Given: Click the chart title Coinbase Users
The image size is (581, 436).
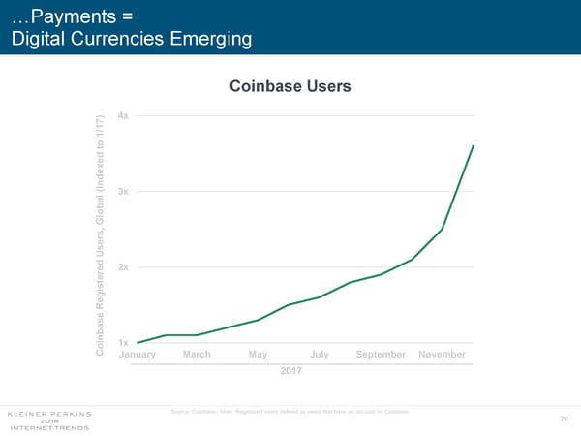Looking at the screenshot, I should pos(290,87).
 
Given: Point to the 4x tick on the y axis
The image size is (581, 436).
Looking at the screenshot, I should pos(122,116).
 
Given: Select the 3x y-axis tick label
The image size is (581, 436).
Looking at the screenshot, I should pos(122,192).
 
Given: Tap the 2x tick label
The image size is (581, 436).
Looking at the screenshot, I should pos(122,267).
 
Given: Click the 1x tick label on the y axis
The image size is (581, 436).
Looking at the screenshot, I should pos(122,343).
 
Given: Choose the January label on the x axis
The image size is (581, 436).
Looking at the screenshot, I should pos(138,355).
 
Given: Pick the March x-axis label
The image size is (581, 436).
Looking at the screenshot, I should pos(197,355).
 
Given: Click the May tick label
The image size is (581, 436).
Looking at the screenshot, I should pos(258,355).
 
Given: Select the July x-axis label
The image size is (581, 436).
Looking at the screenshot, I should pos(320,355).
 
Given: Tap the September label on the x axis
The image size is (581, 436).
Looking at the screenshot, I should pos(381,355).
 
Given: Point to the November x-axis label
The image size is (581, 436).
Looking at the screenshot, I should pos(443,355).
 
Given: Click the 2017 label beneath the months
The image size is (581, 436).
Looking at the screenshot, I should pos(291,371).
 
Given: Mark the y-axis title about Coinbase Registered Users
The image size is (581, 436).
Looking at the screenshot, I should pos(101,234).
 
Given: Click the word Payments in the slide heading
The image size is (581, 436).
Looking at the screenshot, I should pos(64,16).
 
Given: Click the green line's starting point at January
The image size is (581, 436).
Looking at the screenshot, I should pos(138,343).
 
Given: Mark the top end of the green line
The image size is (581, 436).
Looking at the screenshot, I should pos(474,146).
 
